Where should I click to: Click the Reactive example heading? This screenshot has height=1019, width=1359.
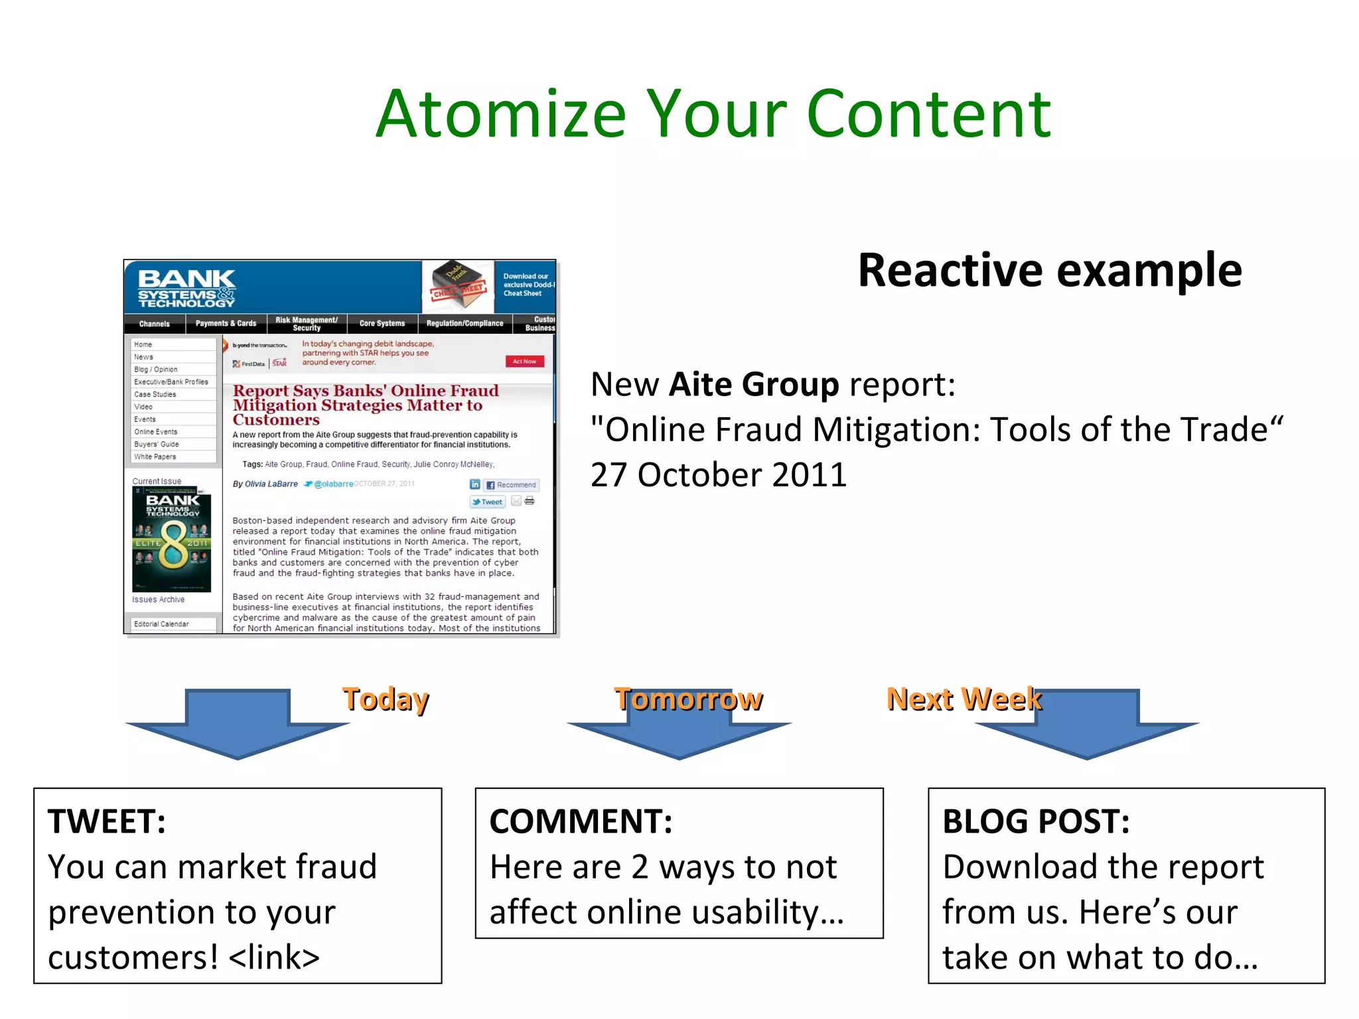tap(1049, 271)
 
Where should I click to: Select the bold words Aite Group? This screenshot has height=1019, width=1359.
tap(754, 384)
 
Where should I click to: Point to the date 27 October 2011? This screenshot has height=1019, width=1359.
tap(718, 475)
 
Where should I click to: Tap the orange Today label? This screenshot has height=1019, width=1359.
tap(386, 699)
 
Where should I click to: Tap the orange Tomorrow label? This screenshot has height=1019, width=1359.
tap(688, 699)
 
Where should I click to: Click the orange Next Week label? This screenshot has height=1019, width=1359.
tap(964, 699)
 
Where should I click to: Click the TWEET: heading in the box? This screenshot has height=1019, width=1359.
tap(107, 821)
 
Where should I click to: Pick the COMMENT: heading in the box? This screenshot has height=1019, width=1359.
tap(581, 821)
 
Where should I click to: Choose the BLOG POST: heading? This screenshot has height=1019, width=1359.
tap(1035, 821)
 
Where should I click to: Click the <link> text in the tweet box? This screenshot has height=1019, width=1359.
tap(274, 957)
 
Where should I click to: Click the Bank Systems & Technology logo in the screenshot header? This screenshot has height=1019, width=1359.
tap(187, 288)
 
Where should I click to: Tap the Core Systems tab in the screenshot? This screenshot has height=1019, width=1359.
tap(382, 324)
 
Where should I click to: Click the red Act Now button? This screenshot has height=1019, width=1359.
tap(524, 362)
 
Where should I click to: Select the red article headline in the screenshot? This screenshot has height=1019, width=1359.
tap(365, 405)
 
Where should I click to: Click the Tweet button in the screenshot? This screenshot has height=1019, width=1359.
tap(488, 502)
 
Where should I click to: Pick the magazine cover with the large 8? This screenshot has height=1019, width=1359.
tap(172, 539)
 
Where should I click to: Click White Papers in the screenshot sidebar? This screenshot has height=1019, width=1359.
tap(155, 456)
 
